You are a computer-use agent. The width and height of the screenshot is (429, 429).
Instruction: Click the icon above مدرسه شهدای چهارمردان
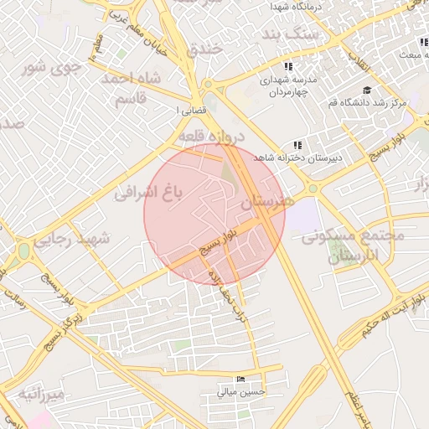[289, 66]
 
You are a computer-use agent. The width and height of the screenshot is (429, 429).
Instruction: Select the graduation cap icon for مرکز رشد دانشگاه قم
[366, 90]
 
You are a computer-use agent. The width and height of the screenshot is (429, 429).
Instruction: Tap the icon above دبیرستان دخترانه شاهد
[297, 145]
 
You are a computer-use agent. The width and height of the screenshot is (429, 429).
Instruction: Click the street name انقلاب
[353, 63]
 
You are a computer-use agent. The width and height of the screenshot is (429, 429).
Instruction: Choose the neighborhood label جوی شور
[52, 66]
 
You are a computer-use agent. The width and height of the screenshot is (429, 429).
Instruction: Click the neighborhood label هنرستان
[269, 203]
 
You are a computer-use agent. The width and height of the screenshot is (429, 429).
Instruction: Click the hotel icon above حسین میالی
[242, 379]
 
